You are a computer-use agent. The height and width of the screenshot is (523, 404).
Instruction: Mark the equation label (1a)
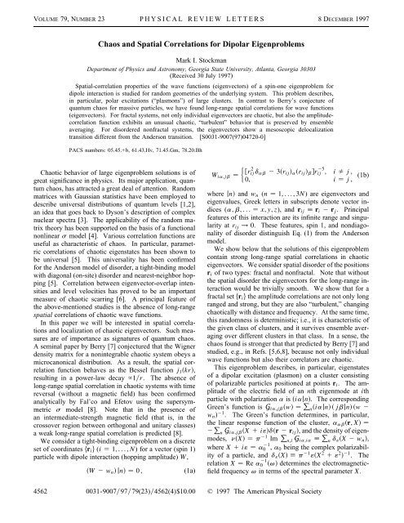(x=194, y=490)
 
